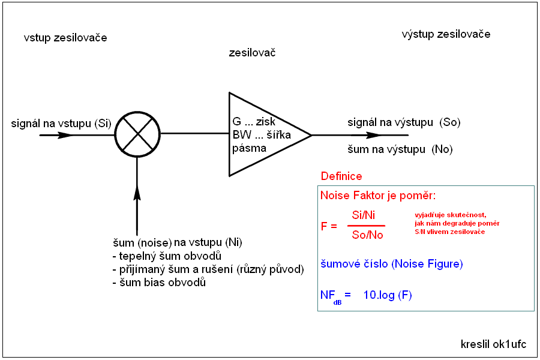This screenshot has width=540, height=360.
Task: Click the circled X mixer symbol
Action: point(137,134)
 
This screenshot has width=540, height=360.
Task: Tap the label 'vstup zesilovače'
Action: point(65,38)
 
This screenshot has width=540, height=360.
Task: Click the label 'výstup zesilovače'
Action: point(446,34)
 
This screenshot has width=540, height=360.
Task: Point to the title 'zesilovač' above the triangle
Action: point(252,53)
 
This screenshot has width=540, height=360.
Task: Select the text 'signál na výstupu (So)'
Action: point(404,122)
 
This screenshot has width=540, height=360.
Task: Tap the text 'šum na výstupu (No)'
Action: point(400,149)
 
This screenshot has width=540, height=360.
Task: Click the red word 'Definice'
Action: point(341,176)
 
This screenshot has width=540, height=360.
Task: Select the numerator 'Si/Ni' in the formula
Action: point(363,215)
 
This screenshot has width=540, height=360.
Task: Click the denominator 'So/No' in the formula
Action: point(367,235)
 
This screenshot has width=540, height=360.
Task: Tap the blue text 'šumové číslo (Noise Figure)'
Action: point(392,264)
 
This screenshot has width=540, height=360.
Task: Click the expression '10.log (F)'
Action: point(388,295)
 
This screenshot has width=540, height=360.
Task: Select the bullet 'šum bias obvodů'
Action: point(159,282)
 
